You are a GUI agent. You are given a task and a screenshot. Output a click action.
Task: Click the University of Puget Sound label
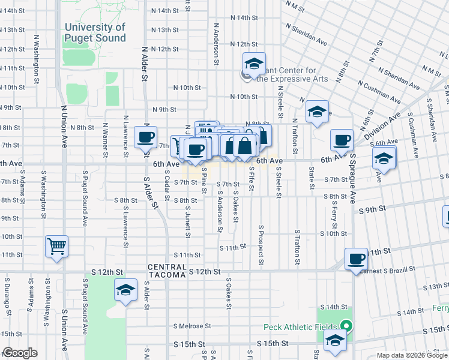point(95,32)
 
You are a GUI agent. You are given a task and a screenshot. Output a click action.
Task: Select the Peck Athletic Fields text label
point(300,327)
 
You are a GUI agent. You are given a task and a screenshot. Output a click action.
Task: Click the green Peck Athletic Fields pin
point(345,327)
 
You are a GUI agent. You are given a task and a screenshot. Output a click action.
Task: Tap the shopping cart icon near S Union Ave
point(57,246)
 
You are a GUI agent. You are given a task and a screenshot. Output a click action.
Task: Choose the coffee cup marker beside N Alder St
point(145,137)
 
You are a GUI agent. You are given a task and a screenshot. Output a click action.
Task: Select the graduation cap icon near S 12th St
point(126,290)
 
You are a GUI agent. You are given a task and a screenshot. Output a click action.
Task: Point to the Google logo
point(20,353)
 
